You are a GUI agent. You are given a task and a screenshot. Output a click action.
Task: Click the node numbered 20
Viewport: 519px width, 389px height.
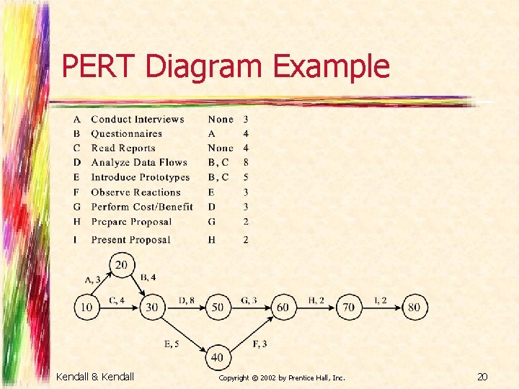(x=121, y=266)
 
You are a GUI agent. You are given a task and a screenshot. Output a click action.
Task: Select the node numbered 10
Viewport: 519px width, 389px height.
(x=86, y=308)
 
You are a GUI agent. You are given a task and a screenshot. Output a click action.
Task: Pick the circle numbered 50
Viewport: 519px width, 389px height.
(x=217, y=308)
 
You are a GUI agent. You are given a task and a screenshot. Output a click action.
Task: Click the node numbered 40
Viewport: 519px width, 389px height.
(x=217, y=357)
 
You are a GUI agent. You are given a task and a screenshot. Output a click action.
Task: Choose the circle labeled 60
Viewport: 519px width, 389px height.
(x=283, y=308)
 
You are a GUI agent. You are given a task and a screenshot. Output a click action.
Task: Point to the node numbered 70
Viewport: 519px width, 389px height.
(x=348, y=308)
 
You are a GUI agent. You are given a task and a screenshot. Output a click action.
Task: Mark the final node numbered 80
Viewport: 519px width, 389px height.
(x=414, y=308)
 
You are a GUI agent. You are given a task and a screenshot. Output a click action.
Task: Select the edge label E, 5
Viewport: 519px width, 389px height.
(x=172, y=344)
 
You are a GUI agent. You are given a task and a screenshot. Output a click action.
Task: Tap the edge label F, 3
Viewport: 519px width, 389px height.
(x=260, y=344)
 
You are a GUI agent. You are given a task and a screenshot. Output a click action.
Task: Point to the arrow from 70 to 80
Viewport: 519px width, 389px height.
(x=381, y=308)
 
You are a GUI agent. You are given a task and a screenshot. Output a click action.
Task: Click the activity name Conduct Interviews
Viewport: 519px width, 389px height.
(x=138, y=120)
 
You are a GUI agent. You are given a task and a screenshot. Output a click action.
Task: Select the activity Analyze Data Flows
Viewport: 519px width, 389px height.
(x=139, y=163)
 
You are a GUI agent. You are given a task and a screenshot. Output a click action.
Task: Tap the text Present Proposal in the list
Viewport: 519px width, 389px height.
(x=130, y=240)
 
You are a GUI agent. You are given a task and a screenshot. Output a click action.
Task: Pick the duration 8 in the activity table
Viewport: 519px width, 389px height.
(x=246, y=163)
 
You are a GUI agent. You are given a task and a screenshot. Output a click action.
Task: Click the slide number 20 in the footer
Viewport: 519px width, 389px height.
(x=482, y=376)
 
